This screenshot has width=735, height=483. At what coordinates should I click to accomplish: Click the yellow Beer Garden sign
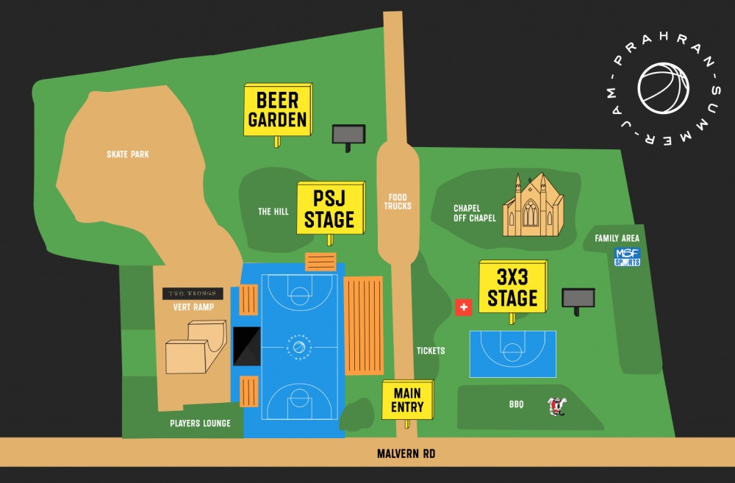coord(277,110)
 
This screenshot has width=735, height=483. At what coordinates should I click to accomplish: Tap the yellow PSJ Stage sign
coord(330,209)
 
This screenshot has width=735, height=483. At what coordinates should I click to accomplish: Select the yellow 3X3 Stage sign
coord(512,287)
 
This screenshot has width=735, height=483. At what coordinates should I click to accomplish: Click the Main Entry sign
coord(406,400)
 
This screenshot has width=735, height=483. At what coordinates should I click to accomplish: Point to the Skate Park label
coord(128,154)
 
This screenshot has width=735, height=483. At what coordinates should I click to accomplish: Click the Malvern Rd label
coord(406,454)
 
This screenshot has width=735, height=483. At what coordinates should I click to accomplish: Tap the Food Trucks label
coord(398,201)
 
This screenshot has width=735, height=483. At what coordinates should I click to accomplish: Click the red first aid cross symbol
coord(463,307)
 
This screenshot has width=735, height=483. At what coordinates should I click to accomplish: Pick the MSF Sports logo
coord(627,257)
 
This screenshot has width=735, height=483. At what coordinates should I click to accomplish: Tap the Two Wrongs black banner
coord(193,294)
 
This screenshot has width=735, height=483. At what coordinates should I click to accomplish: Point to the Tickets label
coord(431,351)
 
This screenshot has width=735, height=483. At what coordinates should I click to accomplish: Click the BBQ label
coord(516,404)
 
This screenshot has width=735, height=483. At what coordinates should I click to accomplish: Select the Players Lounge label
coord(200,423)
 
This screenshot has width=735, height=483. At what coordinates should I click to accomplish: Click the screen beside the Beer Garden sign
coord(348,135)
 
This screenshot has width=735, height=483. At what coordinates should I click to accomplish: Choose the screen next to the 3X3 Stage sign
coord(578,298)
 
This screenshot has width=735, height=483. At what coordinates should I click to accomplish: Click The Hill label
coord(273,212)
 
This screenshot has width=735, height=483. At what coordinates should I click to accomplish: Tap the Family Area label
coord(617,238)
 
